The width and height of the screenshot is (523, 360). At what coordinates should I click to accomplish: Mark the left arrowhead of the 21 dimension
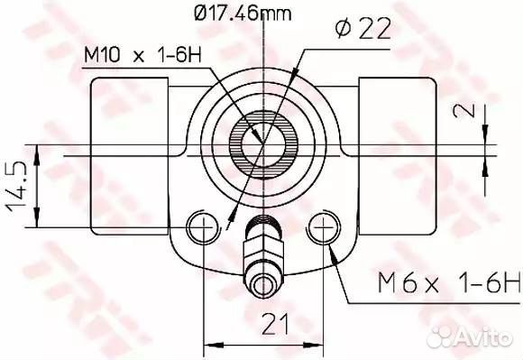pos(209,344)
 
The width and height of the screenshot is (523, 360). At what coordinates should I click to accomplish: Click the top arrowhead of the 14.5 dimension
pos(38,151)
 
